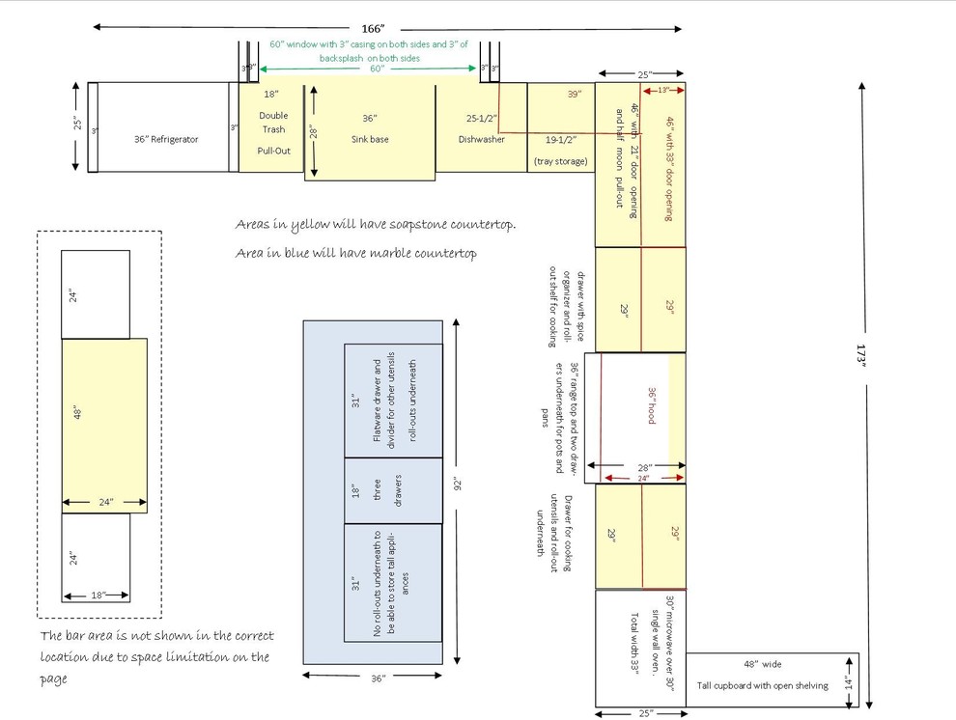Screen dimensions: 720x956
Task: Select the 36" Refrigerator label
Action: pos(166,140)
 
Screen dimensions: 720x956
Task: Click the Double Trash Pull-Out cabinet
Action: pos(273,130)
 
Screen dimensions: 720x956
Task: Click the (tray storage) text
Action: pos(560,161)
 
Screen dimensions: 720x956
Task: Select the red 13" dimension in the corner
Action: pos(663,91)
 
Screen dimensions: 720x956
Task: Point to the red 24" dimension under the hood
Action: pos(643,478)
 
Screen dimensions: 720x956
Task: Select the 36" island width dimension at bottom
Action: pos(378,678)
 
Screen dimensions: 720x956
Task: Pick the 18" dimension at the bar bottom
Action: pos(97,595)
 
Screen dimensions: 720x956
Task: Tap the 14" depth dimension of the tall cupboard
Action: pos(848,680)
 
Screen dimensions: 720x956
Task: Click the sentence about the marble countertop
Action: pos(356,254)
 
